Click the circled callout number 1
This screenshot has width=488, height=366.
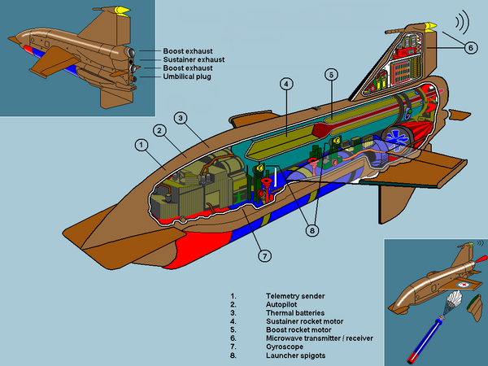pyautogui.click(x=141, y=146)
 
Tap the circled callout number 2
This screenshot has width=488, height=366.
pyautogui.click(x=160, y=130)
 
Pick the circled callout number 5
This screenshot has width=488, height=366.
pyautogui.click(x=330, y=74)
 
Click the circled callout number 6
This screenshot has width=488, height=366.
pyautogui.click(x=469, y=47)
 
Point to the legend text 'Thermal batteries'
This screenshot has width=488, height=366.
pyautogui.click(x=295, y=312)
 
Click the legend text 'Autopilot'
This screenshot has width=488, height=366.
pyautogui.click(x=282, y=303)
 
